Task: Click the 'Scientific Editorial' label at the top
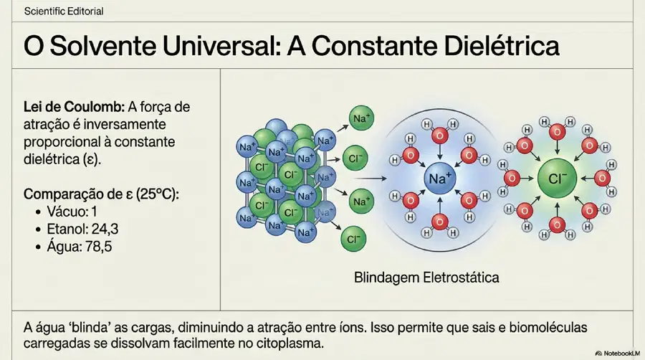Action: tap(64, 11)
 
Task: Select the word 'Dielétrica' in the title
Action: tap(502, 46)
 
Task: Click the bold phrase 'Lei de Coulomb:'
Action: tap(74, 107)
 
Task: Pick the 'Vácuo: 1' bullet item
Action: tap(72, 212)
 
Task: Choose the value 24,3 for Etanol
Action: tap(105, 229)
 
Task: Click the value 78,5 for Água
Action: tap(98, 247)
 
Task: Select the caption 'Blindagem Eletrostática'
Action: tap(426, 278)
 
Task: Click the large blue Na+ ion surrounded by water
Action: tap(440, 179)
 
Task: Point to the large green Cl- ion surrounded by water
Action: tap(558, 179)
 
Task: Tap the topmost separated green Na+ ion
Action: tap(361, 118)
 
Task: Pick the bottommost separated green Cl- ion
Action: tap(353, 239)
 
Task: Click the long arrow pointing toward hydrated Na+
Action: tap(370, 179)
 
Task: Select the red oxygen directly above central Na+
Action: tap(440, 136)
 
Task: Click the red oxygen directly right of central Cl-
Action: tap(602, 178)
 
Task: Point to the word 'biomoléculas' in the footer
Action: tap(548, 328)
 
